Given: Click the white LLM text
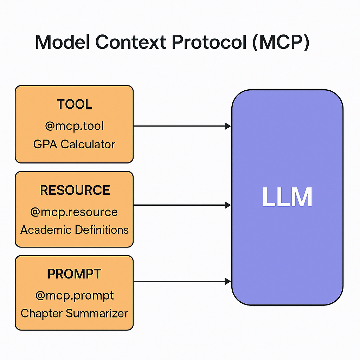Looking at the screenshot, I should pyautogui.click(x=287, y=198).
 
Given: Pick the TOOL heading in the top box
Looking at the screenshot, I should pyautogui.click(x=74, y=104).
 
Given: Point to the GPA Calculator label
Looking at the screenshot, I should pyautogui.click(x=74, y=144).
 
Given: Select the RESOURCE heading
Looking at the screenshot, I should pyautogui.click(x=75, y=190).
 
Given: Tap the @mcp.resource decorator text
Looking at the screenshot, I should pyautogui.click(x=74, y=212).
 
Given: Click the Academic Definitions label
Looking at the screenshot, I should pyautogui.click(x=75, y=230).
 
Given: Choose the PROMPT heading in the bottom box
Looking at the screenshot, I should pyautogui.click(x=74, y=274).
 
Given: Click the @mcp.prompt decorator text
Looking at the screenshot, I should pyautogui.click(x=75, y=295).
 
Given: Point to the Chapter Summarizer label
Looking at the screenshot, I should pyautogui.click(x=74, y=313).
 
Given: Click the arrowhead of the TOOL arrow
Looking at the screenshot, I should pyautogui.click(x=228, y=126).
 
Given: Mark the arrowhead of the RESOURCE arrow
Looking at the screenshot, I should pyautogui.click(x=228, y=205).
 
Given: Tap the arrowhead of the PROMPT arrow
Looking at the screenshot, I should pyautogui.click(x=228, y=281).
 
